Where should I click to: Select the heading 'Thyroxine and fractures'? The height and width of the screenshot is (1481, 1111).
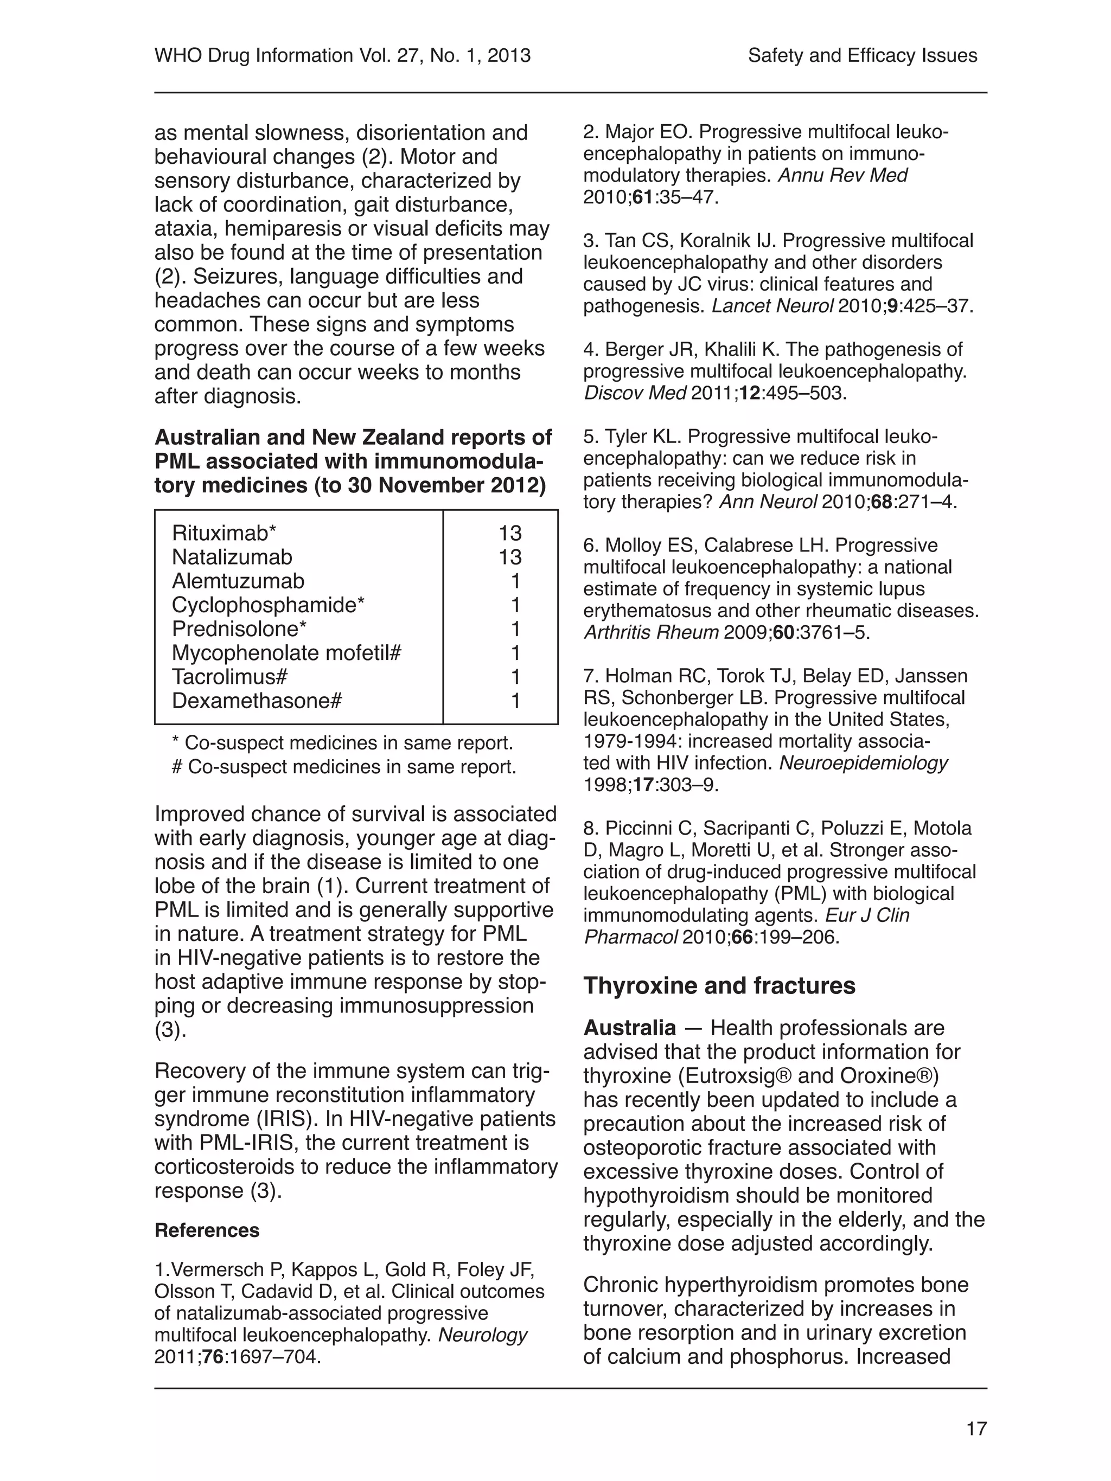point(719,985)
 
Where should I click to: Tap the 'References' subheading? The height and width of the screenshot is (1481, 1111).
point(207,1230)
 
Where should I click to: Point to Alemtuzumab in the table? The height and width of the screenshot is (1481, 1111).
point(238,581)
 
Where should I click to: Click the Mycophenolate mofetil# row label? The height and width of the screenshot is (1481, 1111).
point(286,653)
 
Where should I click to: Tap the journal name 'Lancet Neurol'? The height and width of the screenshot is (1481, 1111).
point(772,306)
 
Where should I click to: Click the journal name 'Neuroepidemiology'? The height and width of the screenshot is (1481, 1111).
point(863,762)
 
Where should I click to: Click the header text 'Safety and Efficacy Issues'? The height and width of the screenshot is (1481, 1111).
point(862,55)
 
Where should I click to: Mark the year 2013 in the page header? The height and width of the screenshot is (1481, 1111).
point(509,55)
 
